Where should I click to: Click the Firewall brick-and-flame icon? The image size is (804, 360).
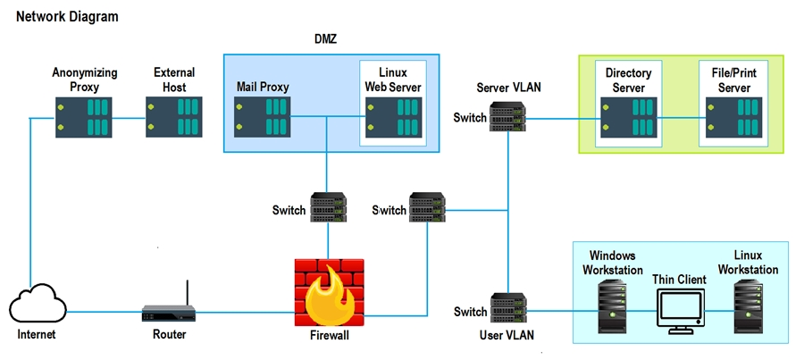click(329, 292)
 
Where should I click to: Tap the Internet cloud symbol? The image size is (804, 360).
click(38, 305)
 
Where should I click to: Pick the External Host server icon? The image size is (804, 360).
click(174, 117)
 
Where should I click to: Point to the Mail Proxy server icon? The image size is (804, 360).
click(263, 117)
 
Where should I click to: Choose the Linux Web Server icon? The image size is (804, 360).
click(394, 117)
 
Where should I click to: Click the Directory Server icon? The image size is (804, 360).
click(629, 117)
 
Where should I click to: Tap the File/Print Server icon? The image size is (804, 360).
click(734, 117)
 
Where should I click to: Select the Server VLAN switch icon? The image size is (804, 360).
click(508, 117)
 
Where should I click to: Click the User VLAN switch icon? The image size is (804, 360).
click(508, 307)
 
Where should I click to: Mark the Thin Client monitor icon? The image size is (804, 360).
click(682, 311)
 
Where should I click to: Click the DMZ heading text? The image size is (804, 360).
click(325, 39)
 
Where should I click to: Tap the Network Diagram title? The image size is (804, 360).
click(67, 17)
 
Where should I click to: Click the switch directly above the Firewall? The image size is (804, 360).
click(329, 207)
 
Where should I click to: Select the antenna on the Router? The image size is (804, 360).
click(188, 293)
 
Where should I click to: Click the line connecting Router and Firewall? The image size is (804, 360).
click(245, 313)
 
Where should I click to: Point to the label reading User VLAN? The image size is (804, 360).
click(507, 335)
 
